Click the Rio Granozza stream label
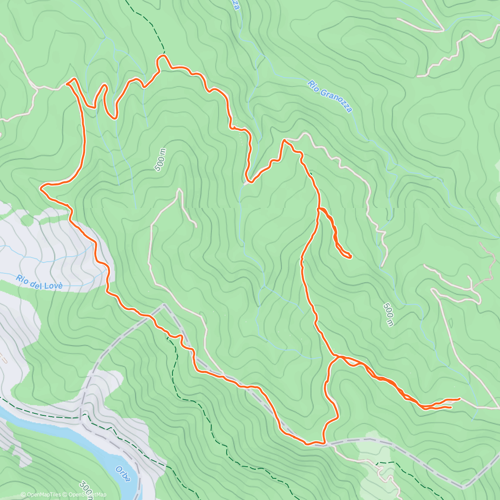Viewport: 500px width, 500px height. (330, 96)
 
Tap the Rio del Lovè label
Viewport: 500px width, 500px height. (40, 282)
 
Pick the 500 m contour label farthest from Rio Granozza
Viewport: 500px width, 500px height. (388, 314)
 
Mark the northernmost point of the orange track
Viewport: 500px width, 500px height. (163, 55)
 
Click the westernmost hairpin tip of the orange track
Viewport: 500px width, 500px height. (41, 188)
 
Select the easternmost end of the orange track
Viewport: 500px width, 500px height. (459, 399)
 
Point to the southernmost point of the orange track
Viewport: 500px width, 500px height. (307, 444)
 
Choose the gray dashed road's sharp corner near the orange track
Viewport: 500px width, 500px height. (164, 305)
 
